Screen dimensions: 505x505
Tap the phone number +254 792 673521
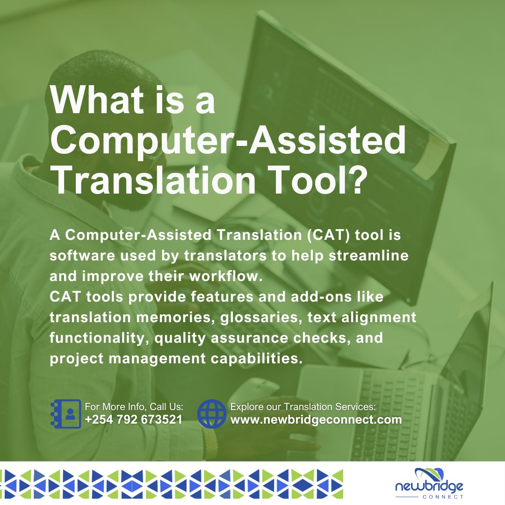134,419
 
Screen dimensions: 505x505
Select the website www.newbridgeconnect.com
316,419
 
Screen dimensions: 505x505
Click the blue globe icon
212,414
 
